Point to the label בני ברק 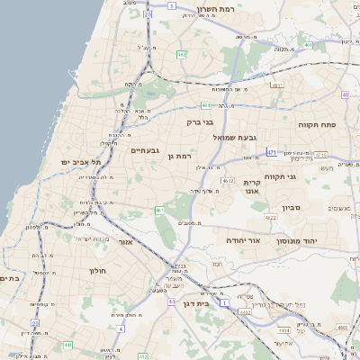201,121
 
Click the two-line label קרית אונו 251,186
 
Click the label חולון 96,271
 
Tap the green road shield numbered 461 158,211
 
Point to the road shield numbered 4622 270,217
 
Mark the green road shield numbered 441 67,345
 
